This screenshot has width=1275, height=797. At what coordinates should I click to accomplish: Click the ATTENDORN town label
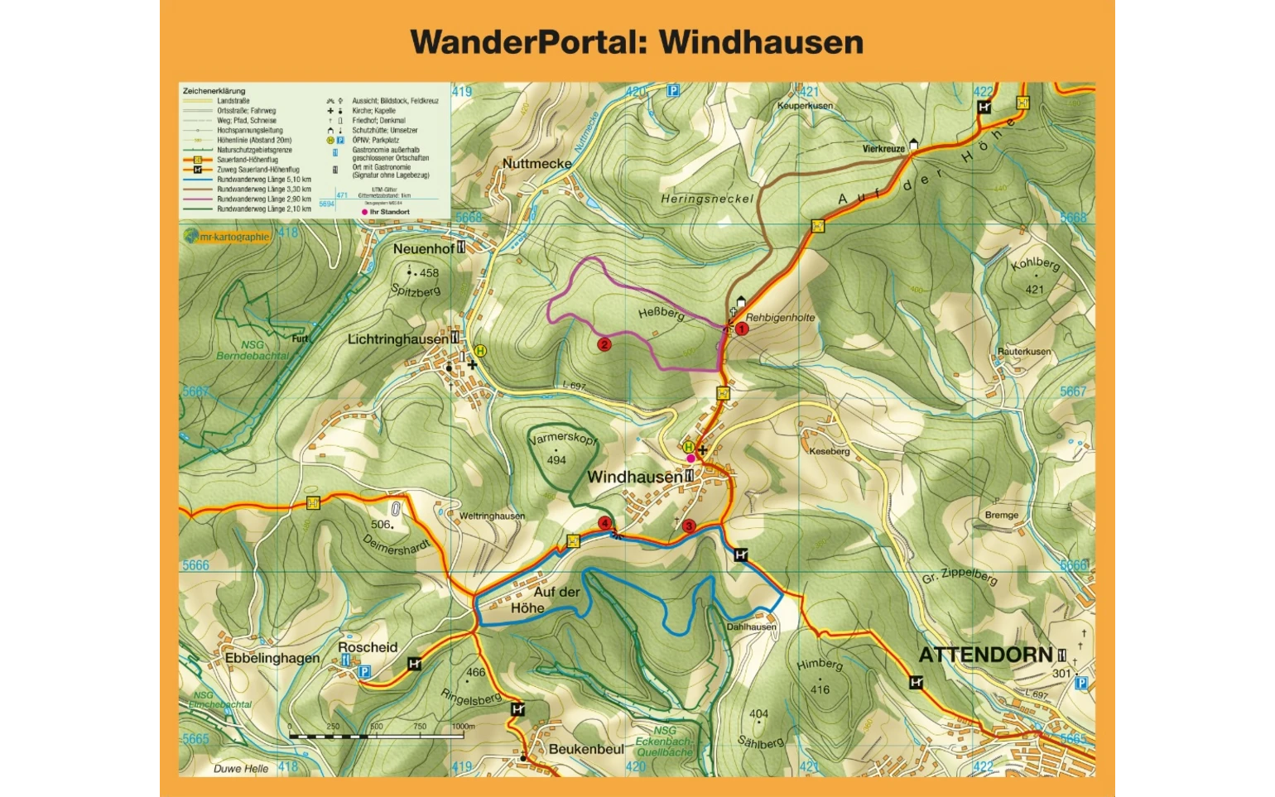985,655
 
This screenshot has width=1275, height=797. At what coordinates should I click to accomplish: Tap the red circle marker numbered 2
604,344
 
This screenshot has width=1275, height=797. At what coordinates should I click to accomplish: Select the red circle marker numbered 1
742,329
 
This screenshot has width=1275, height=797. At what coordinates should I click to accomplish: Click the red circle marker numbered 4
605,523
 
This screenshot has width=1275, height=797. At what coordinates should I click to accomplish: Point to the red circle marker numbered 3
688,526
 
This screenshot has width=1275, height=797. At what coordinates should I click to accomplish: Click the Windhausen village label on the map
634,477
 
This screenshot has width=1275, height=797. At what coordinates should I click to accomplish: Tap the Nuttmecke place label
536,164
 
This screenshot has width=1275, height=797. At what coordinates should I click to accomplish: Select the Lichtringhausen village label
397,339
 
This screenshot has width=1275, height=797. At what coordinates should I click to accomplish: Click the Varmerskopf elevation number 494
556,460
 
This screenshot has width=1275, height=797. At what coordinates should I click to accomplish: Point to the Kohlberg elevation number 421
1034,290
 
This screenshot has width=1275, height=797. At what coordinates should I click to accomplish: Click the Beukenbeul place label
586,749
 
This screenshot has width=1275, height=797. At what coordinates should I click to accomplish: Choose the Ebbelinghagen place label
272,658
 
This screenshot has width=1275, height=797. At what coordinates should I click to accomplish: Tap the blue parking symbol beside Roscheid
363,672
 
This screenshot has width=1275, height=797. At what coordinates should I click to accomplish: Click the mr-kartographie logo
228,237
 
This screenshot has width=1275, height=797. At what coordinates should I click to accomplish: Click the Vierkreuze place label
883,149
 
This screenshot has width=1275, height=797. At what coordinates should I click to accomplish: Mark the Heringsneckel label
707,199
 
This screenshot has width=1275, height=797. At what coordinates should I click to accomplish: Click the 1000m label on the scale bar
464,727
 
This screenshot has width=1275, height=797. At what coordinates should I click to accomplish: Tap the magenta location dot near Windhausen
690,459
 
